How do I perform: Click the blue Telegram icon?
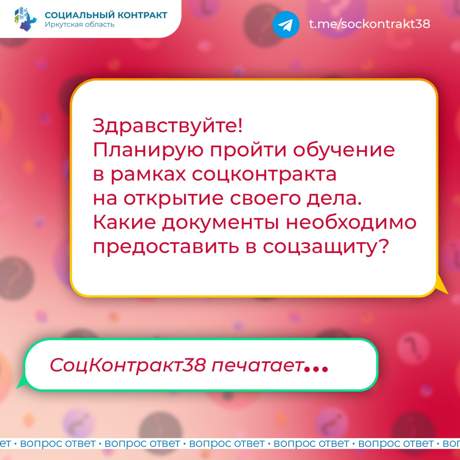click(x=286, y=24)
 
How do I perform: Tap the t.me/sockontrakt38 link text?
click(x=369, y=24)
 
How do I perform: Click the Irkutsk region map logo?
click(x=26, y=19)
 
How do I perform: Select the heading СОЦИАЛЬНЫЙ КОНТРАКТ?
click(x=106, y=15)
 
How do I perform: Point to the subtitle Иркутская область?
click(x=79, y=24)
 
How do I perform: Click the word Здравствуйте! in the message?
click(x=167, y=126)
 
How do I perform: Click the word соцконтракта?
click(x=264, y=175)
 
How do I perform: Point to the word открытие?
click(x=174, y=199)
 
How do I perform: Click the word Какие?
click(x=124, y=222)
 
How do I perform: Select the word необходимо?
click(x=351, y=222)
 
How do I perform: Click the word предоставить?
click(x=166, y=248)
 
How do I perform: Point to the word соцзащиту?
click(x=326, y=248)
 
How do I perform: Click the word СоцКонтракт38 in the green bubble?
click(x=128, y=365)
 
